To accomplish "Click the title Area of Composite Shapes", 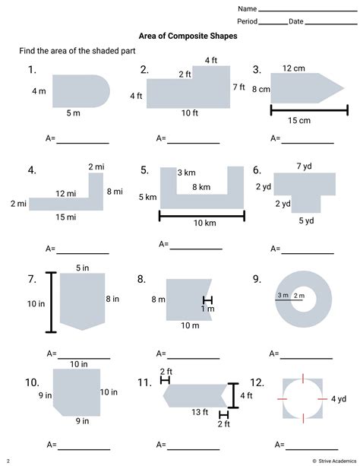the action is point(188,36).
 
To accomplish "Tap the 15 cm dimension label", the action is point(299,120).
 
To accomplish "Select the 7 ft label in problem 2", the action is point(238,87).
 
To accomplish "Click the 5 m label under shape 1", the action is point(73,113).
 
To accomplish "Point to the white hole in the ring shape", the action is point(304,300).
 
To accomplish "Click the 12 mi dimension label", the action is point(66,194).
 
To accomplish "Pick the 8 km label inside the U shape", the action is point(201,187).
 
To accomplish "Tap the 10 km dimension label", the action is point(205,223).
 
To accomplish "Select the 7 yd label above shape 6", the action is point(304,166).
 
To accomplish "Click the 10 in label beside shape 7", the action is point(36,304).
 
